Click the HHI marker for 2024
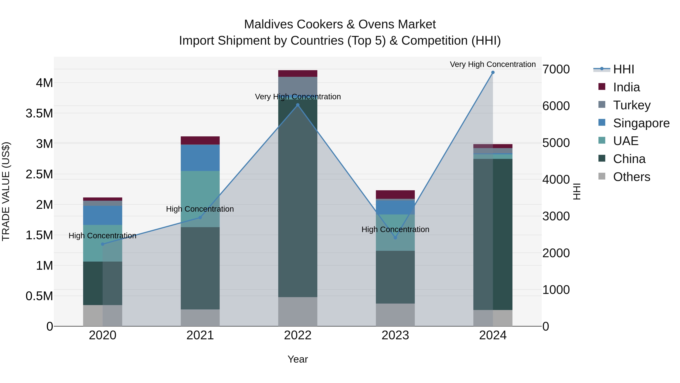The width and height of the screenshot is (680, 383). click(493, 72)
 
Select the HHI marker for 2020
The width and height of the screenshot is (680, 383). click(103, 244)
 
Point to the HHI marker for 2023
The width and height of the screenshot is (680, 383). click(395, 238)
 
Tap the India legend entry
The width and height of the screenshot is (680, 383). click(626, 87)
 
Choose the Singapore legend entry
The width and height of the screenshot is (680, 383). click(641, 123)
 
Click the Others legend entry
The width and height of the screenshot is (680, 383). click(631, 177)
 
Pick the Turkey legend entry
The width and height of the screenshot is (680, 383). click(631, 105)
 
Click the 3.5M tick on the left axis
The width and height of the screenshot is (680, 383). click(39, 113)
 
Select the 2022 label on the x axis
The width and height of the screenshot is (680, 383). click(297, 335)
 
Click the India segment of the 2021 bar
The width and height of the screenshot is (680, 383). click(200, 140)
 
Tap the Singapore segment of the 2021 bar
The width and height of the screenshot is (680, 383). click(200, 158)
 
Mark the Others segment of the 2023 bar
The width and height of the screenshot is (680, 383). click(395, 315)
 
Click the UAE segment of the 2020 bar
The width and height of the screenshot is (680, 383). click(103, 243)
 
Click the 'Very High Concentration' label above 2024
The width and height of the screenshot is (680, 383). click(493, 64)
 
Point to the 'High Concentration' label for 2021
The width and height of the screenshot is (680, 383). click(200, 209)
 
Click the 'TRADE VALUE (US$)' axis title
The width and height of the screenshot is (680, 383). click(6, 191)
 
